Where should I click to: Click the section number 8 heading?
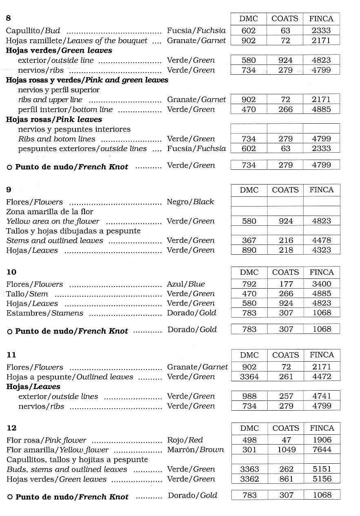click(9, 18)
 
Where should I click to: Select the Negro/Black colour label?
click(190, 202)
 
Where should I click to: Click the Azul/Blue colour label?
click(186, 284)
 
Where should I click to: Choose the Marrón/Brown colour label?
click(196, 450)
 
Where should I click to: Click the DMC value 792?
click(249, 284)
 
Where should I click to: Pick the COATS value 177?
click(286, 284)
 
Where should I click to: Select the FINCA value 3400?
click(322, 284)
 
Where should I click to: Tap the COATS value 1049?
click(286, 450)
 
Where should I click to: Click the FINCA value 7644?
click(322, 450)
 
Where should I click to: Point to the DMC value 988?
click(249, 396)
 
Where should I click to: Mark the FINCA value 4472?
click(322, 377)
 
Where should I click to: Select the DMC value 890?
click(249, 250)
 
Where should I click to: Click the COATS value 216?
click(286, 240)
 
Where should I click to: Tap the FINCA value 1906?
click(322, 440)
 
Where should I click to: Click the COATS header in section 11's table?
click(286, 355)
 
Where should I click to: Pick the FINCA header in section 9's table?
click(322, 190)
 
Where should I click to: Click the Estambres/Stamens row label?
click(45, 313)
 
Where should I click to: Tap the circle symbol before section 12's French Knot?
click(10, 497)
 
